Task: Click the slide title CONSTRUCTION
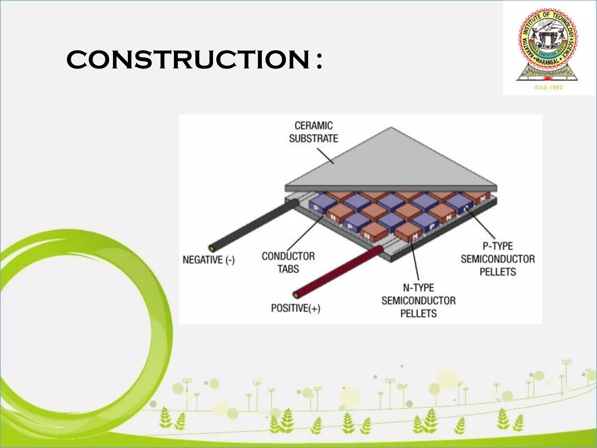pyautogui.click(x=188, y=60)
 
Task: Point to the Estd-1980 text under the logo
pyautogui.click(x=548, y=87)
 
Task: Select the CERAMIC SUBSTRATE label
pyautogui.click(x=313, y=132)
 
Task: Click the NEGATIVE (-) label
pyautogui.click(x=208, y=260)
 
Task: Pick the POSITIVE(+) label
pyautogui.click(x=296, y=308)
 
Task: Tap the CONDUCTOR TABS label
pyautogui.click(x=288, y=262)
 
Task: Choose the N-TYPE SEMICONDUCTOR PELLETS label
pyautogui.click(x=418, y=300)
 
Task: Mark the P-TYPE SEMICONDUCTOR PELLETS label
pyautogui.click(x=498, y=259)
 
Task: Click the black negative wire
pyautogui.click(x=254, y=225)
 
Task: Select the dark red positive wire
pyautogui.click(x=338, y=271)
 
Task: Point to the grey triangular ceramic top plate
pyautogui.click(x=391, y=163)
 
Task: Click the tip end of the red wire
pyautogui.click(x=297, y=295)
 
